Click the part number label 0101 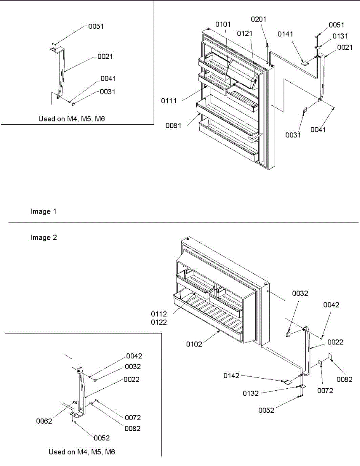[x=223, y=24]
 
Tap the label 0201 [x=259, y=19]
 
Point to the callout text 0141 [x=286, y=34]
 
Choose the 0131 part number [x=340, y=36]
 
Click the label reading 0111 [x=169, y=101]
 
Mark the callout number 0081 [x=173, y=126]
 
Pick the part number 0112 [x=159, y=314]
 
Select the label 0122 [x=159, y=322]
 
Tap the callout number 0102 [x=194, y=344]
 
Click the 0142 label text [x=232, y=376]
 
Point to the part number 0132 [x=251, y=393]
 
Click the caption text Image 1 [x=43, y=212]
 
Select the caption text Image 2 [x=44, y=237]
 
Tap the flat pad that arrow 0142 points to [x=287, y=382]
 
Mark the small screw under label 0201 [x=267, y=46]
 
